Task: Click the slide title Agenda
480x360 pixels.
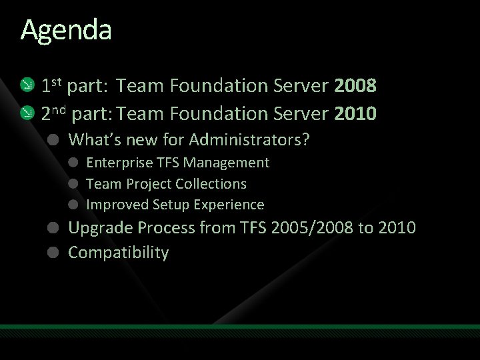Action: (x=66, y=31)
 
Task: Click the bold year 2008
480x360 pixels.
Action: (x=356, y=86)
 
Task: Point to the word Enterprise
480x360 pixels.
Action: (x=117, y=163)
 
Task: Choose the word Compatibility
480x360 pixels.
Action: (x=119, y=253)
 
